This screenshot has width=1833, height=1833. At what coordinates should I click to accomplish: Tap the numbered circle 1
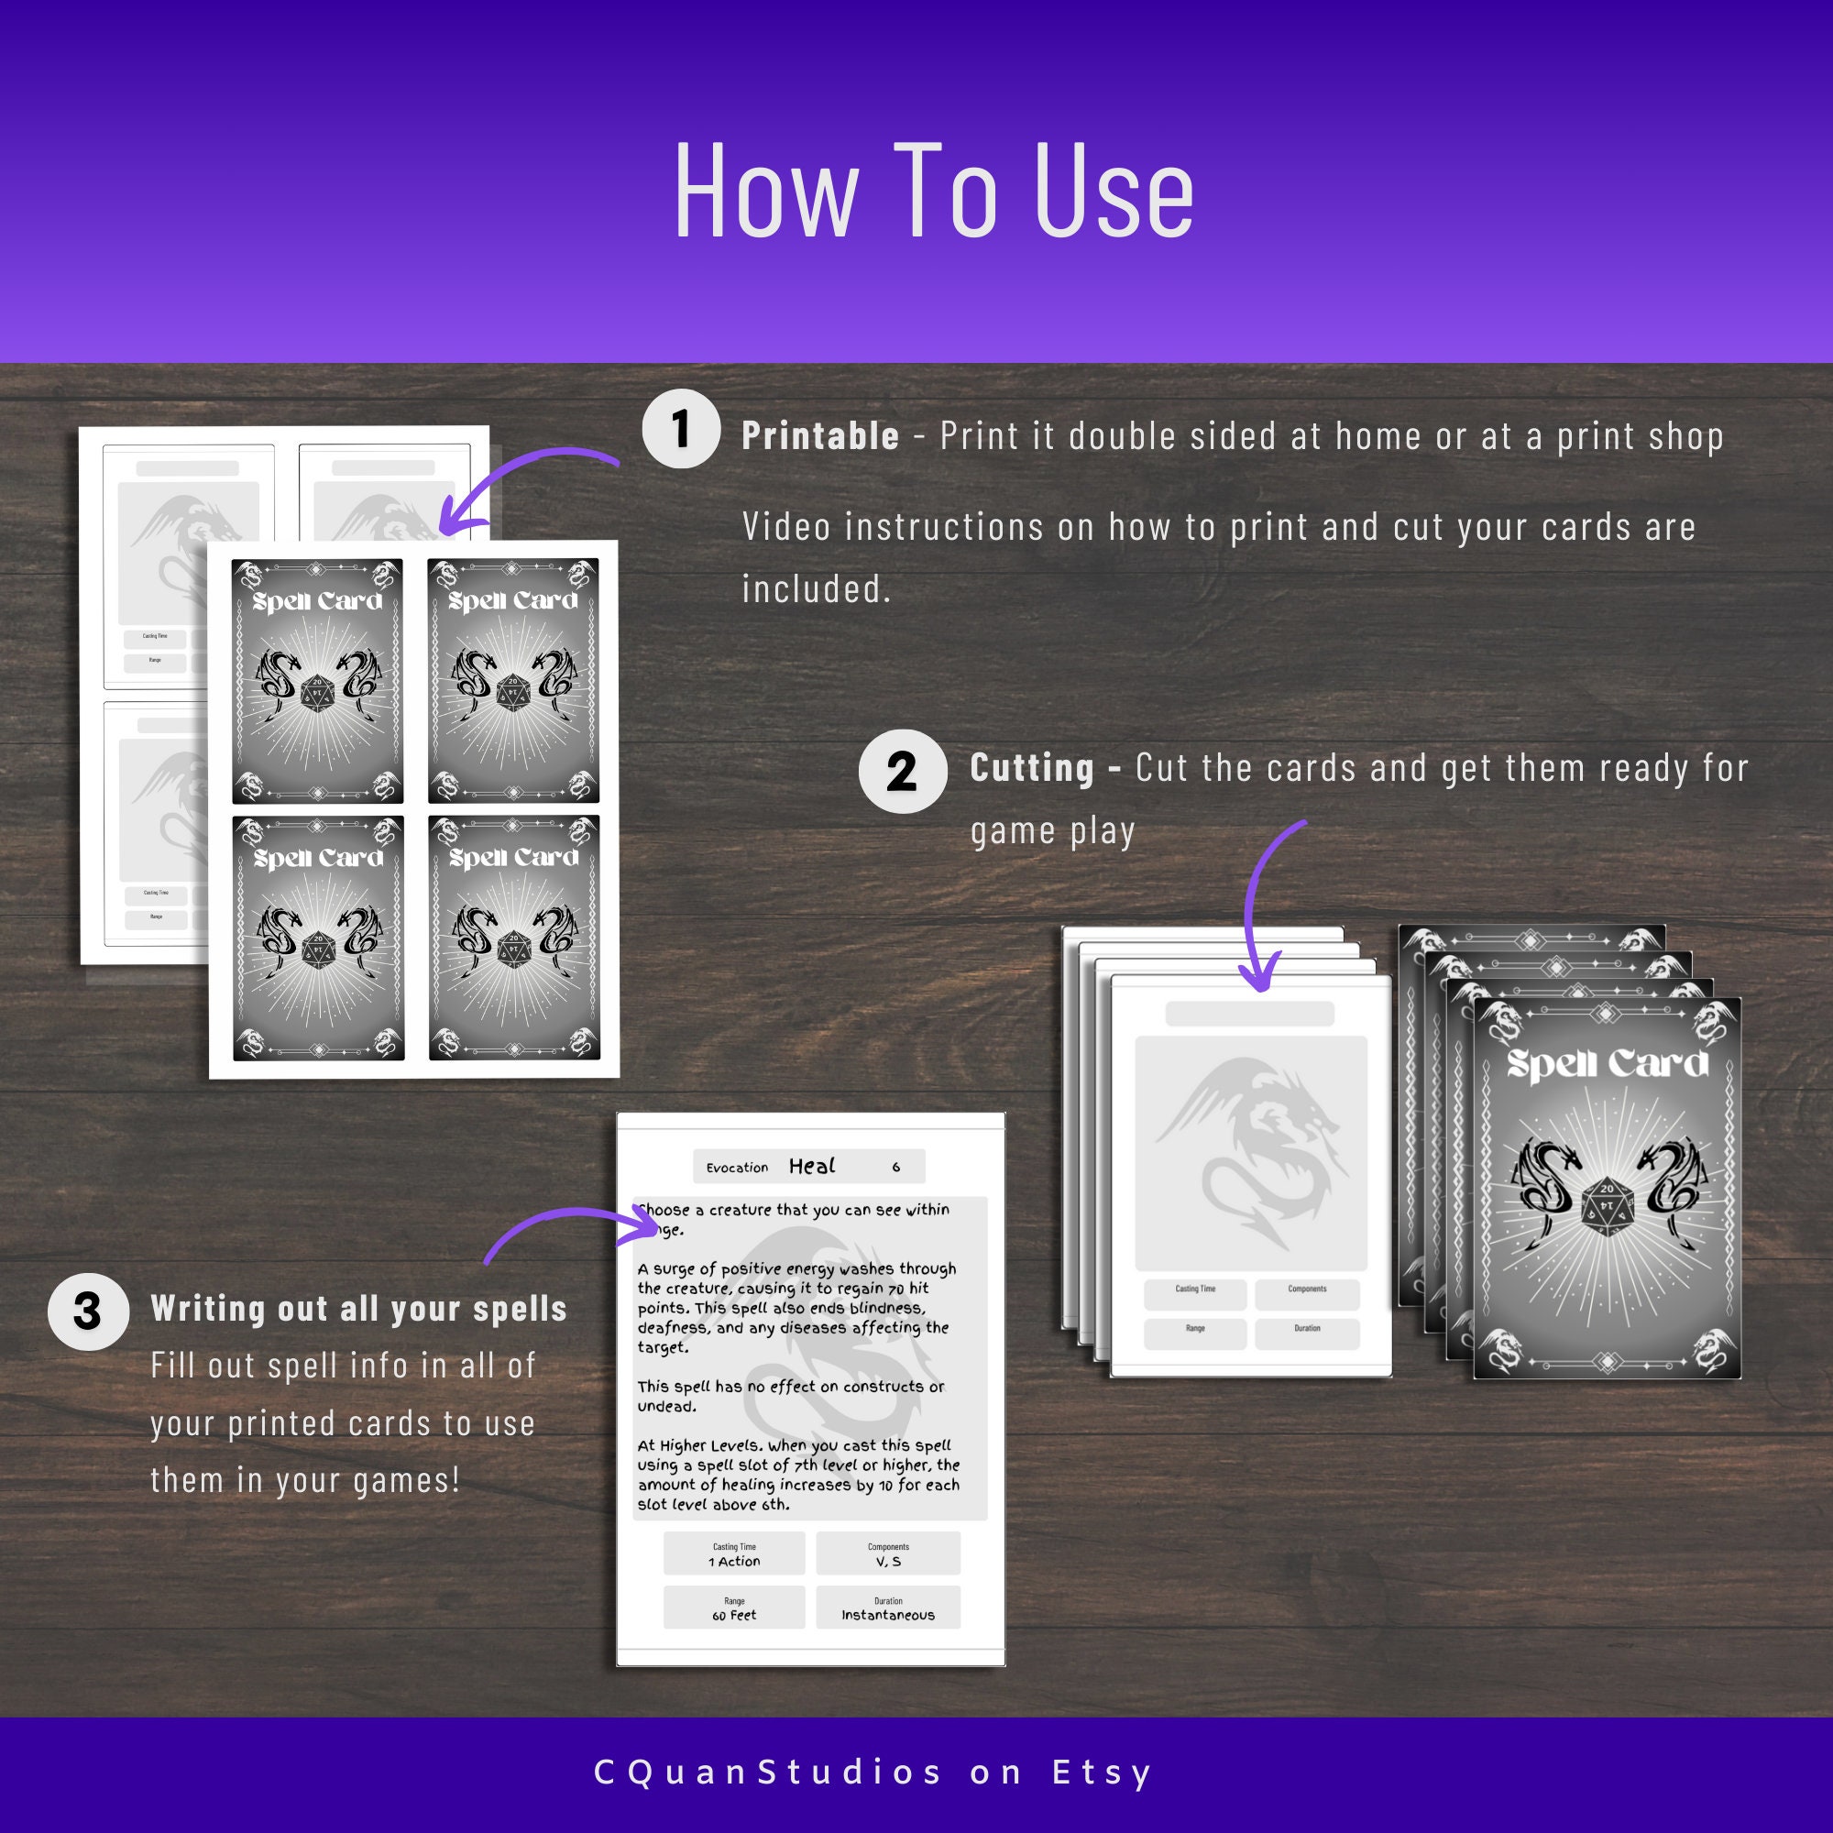pyautogui.click(x=680, y=429)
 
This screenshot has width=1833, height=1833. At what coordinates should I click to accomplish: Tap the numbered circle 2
pyautogui.click(x=901, y=771)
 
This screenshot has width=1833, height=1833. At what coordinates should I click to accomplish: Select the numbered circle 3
pyautogui.click(x=87, y=1312)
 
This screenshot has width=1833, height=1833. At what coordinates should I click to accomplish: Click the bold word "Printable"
pyautogui.click(x=819, y=436)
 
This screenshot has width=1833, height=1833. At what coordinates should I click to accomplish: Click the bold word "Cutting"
pyautogui.click(x=1031, y=767)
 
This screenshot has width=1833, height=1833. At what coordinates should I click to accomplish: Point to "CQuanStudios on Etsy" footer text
pyautogui.click(x=873, y=1772)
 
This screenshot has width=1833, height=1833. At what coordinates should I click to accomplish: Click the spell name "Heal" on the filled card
pyautogui.click(x=812, y=1166)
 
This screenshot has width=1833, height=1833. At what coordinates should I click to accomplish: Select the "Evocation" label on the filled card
pyautogui.click(x=737, y=1168)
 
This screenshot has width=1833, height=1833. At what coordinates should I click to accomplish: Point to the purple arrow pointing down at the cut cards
pyautogui.click(x=1267, y=901)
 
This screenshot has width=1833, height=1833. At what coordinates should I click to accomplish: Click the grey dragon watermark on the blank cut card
pyautogui.click(x=1250, y=1153)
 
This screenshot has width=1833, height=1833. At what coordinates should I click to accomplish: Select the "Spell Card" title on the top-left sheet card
pyautogui.click(x=317, y=601)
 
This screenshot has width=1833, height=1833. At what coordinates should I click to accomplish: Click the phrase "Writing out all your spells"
pyautogui.click(x=358, y=1310)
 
